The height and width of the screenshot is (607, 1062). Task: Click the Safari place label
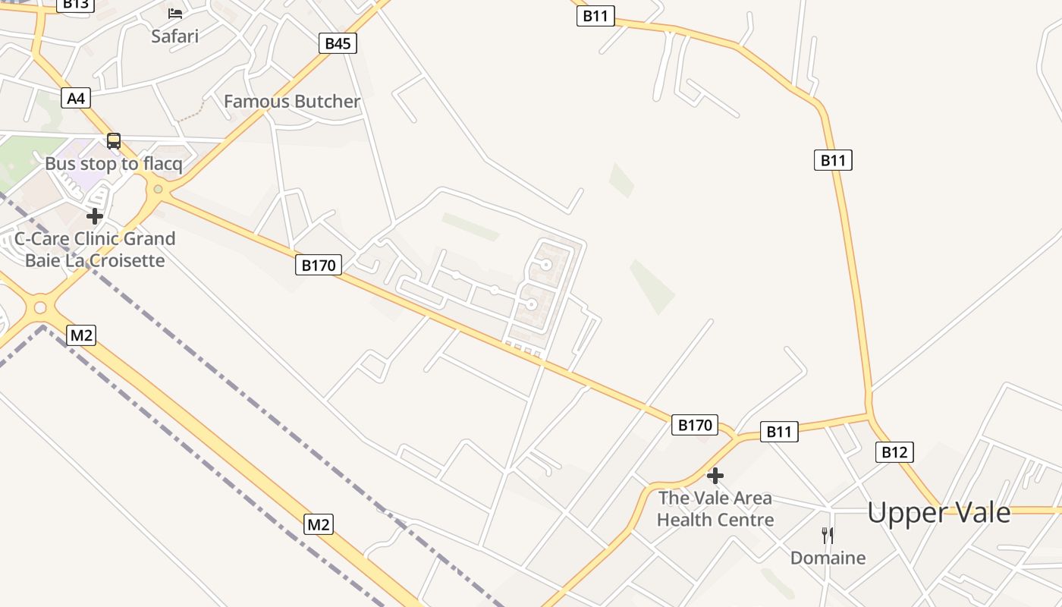[x=174, y=36]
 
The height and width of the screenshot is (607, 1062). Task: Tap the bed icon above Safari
[x=175, y=13]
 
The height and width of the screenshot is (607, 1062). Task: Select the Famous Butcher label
[x=292, y=101]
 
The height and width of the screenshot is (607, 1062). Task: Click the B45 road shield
[x=338, y=43]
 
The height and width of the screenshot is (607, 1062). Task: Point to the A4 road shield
[x=76, y=98]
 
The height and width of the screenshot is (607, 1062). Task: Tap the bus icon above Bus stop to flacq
[x=114, y=141]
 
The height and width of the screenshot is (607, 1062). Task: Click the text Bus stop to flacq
[x=114, y=163]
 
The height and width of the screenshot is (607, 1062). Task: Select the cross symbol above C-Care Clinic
[x=95, y=217]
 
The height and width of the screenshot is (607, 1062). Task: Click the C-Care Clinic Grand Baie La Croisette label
[x=95, y=249]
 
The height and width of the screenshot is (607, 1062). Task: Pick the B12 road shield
[x=894, y=452]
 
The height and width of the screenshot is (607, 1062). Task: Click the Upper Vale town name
[x=939, y=513]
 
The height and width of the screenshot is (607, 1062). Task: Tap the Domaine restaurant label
[x=828, y=558]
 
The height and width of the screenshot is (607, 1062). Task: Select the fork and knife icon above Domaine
[x=828, y=536]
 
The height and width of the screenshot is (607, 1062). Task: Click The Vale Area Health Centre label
[x=715, y=508]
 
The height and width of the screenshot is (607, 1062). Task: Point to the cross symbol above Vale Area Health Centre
[x=715, y=476]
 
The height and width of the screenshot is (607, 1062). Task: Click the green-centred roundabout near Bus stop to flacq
[x=158, y=189]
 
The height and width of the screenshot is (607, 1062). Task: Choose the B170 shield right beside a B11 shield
[x=695, y=425]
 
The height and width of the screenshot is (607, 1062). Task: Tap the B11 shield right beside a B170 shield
[x=779, y=432]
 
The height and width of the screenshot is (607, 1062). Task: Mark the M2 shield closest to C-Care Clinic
[x=81, y=335]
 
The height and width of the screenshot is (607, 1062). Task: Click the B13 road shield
[x=75, y=5]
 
